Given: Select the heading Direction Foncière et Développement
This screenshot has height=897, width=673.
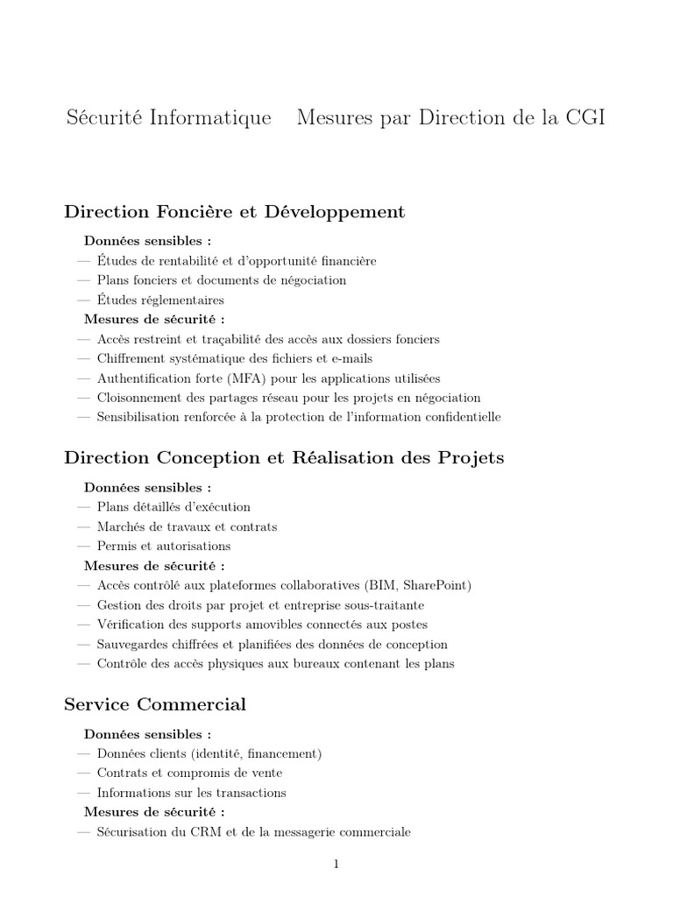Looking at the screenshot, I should tap(235, 211).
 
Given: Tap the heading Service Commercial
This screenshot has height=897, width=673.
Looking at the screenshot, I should tap(155, 704).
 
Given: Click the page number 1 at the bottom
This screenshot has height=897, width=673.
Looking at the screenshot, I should tap(336, 864).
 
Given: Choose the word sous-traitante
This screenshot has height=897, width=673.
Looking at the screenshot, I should tap(386, 605).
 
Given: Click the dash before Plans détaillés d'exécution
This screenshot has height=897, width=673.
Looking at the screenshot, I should tap(83, 506).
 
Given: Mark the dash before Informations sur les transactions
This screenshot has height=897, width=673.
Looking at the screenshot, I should tap(83, 793).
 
